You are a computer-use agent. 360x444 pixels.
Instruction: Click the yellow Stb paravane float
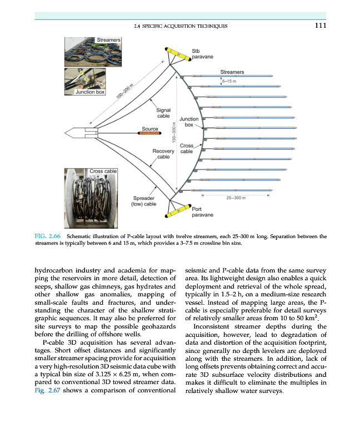(179, 54)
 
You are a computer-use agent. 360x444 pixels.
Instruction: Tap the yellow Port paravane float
(179, 210)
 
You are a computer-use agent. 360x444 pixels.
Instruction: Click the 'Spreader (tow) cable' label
(143, 201)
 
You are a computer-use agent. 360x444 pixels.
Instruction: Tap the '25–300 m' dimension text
(237, 198)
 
